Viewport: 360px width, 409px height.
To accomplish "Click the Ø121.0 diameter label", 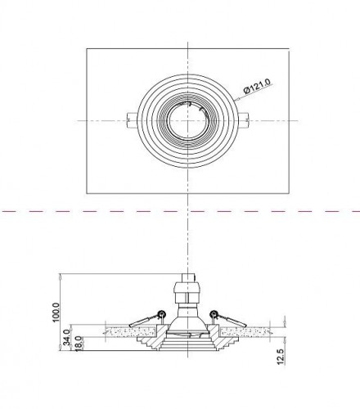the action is click(x=257, y=86).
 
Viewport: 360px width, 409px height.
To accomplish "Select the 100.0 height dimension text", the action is click(x=56, y=312).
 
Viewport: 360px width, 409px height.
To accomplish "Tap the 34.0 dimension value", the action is click(x=66, y=337).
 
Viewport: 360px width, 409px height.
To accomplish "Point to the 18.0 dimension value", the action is click(x=79, y=344).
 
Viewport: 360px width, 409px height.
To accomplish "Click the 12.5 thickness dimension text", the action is click(x=281, y=357).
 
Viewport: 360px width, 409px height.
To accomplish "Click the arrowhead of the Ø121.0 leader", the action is click(x=236, y=100).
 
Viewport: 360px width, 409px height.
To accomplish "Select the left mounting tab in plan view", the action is click(x=132, y=120).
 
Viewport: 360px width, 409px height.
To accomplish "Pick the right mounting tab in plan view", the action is click(x=244, y=120).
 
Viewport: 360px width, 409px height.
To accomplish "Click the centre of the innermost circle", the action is click(x=187, y=120).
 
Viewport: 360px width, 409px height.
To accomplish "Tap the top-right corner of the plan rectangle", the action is click(x=289, y=49).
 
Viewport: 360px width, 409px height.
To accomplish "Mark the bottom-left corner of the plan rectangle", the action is click(x=87, y=194).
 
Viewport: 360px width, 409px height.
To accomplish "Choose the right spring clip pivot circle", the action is click(x=213, y=313).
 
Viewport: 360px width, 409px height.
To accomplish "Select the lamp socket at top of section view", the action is click(x=187, y=290).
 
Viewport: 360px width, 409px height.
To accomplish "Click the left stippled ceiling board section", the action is click(x=131, y=332).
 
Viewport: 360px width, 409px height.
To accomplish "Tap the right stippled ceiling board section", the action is click(x=245, y=332).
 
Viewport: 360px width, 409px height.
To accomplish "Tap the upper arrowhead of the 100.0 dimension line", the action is click(x=61, y=276).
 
